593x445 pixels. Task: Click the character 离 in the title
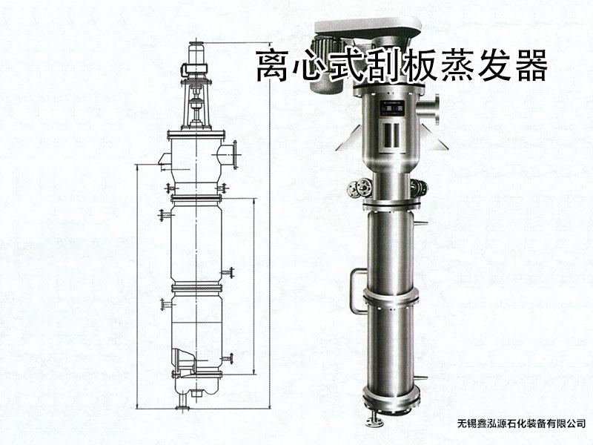pyautogui.click(x=274, y=66)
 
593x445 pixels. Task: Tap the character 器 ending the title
pyautogui.click(x=529, y=66)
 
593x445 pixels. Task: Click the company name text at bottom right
pyautogui.click(x=522, y=423)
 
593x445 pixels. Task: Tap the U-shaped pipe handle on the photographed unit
pyautogui.click(x=357, y=291)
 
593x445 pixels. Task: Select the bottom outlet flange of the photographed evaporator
pyautogui.click(x=373, y=421)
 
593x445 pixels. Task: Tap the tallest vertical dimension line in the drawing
pyautogui.click(x=270, y=225)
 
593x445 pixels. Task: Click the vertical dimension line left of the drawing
pyautogui.click(x=136, y=287)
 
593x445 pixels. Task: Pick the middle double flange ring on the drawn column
pyautogui.click(x=196, y=289)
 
